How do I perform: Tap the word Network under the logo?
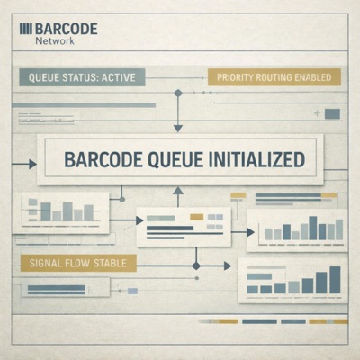(53, 41)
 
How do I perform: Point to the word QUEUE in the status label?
(48, 78)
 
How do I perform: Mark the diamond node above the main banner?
(177, 93)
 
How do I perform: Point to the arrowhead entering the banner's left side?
(32, 164)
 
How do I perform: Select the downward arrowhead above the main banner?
(177, 127)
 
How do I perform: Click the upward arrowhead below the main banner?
(177, 191)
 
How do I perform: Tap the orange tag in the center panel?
(196, 217)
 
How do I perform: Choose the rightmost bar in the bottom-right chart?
(334, 283)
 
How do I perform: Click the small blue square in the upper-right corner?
(332, 113)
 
